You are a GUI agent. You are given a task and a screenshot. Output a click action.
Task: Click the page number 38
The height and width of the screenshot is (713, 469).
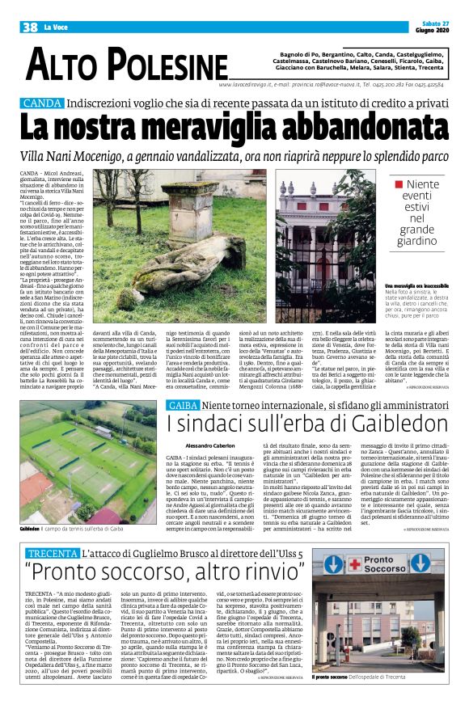(30, 27)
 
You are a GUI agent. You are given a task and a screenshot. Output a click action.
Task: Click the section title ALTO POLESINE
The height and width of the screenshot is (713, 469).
(126, 64)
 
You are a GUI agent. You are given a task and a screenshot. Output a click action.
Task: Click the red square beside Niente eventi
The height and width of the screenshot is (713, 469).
(399, 184)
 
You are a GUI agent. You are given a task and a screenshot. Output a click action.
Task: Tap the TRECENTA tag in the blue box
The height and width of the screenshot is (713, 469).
(52, 553)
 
